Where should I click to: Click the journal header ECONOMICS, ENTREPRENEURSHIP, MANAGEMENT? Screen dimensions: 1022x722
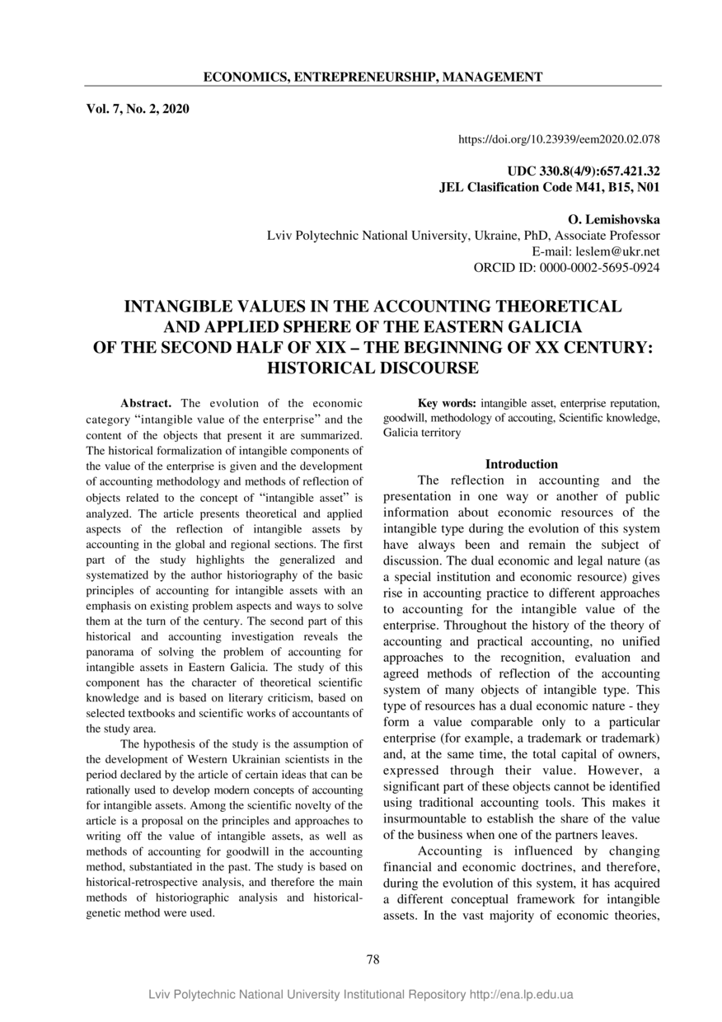(x=373, y=77)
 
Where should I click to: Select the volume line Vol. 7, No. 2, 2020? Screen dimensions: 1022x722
(x=138, y=108)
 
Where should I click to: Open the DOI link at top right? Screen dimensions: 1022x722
(x=559, y=139)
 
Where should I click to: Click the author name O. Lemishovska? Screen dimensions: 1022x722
(x=614, y=219)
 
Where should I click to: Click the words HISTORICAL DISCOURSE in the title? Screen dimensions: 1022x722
(x=373, y=368)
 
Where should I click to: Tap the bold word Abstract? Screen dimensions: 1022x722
(x=146, y=403)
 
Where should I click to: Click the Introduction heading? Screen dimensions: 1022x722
(x=521, y=464)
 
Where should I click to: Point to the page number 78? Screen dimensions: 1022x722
(x=373, y=959)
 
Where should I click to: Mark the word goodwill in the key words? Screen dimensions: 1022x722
(x=403, y=418)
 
